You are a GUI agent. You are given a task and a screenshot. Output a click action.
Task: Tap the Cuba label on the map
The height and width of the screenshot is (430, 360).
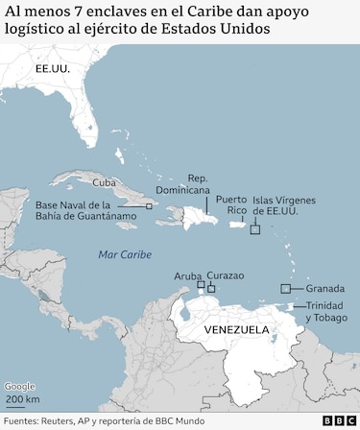click(104, 181)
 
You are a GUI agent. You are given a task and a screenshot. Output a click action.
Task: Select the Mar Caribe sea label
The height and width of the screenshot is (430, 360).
click(125, 253)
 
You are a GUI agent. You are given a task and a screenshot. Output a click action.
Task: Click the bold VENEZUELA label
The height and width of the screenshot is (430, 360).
click(236, 329)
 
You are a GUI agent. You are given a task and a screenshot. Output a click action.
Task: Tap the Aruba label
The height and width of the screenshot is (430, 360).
click(188, 275)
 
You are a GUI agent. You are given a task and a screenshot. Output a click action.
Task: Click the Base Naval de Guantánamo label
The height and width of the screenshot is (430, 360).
click(85, 211)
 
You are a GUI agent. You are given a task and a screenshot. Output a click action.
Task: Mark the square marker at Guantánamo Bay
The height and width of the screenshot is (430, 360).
click(149, 205)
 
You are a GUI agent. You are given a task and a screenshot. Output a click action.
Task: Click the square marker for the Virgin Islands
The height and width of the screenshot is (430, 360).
click(255, 229)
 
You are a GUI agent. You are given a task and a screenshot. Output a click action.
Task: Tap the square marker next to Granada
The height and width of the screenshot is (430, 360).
click(285, 288)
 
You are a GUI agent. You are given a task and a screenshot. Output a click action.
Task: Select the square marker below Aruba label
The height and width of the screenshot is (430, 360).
click(201, 285)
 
